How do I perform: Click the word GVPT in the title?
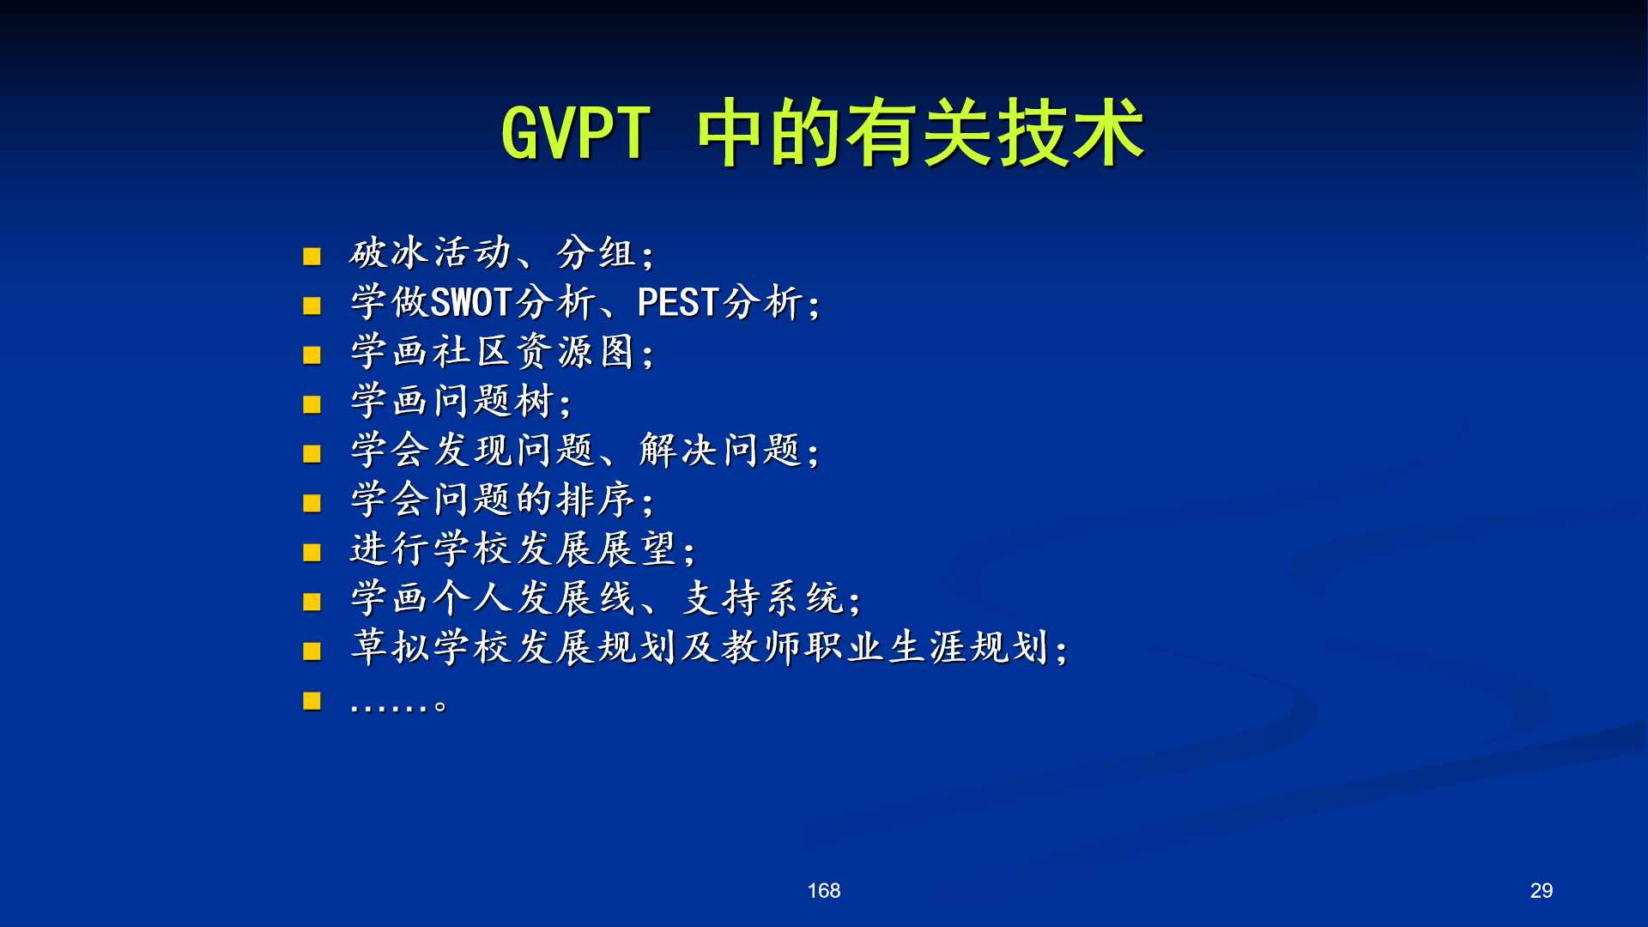click(576, 133)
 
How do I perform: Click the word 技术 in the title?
click(1071, 133)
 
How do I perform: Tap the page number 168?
click(824, 891)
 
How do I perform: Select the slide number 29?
click(1542, 891)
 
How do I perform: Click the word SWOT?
click(471, 302)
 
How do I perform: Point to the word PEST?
click(678, 302)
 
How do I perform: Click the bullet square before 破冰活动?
click(312, 256)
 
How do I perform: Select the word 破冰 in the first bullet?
click(389, 253)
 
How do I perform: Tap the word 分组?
click(597, 253)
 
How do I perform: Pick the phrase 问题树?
click(494, 401)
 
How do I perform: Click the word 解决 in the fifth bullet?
click(678, 451)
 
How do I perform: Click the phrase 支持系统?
click(763, 598)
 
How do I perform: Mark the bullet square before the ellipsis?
click(312, 701)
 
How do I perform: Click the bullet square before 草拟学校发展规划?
click(312, 651)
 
